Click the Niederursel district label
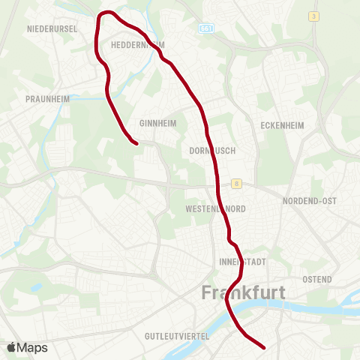(x=52, y=28)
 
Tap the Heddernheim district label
(x=137, y=45)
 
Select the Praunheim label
(x=46, y=98)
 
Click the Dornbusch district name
(x=213, y=150)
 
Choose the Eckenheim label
(x=281, y=125)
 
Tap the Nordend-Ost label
(x=310, y=201)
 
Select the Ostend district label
(x=316, y=279)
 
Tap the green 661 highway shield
(x=205, y=28)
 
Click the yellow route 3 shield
(x=313, y=16)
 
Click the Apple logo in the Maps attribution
(x=11, y=347)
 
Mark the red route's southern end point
(x=265, y=347)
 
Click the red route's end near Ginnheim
(x=136, y=142)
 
